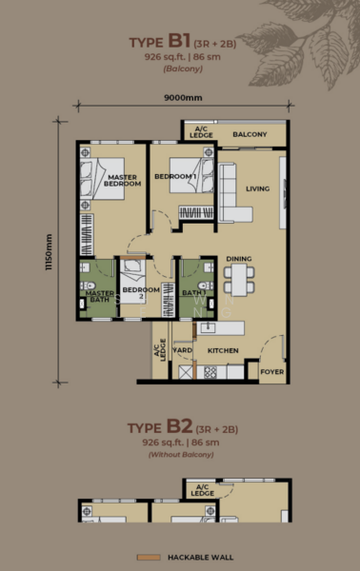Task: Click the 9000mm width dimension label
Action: pyautogui.click(x=183, y=98)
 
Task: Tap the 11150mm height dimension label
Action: pyautogui.click(x=49, y=252)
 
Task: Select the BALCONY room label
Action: pyautogui.click(x=250, y=134)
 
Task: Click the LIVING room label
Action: pyautogui.click(x=257, y=188)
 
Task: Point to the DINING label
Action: pyautogui.click(x=239, y=259)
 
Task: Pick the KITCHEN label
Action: pyautogui.click(x=223, y=350)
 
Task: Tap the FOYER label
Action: pyautogui.click(x=272, y=372)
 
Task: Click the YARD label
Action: pyautogui.click(x=183, y=350)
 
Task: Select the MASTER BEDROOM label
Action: pyautogui.click(x=123, y=181)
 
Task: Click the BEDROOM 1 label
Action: pyautogui.click(x=175, y=177)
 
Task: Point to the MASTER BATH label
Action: pyautogui.click(x=99, y=296)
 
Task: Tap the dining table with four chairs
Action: pyautogui.click(x=239, y=279)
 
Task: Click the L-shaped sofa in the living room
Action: pyautogui.click(x=233, y=192)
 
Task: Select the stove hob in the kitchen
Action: pyautogui.click(x=210, y=372)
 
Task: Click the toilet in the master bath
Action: pyautogui.click(x=88, y=285)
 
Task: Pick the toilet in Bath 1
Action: pyautogui.click(x=206, y=285)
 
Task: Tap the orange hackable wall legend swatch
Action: pyautogui.click(x=149, y=558)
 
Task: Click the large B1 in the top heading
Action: pyautogui.click(x=179, y=40)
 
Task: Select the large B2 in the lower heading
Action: pyautogui.click(x=180, y=426)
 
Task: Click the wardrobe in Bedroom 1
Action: pyautogui.click(x=196, y=212)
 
